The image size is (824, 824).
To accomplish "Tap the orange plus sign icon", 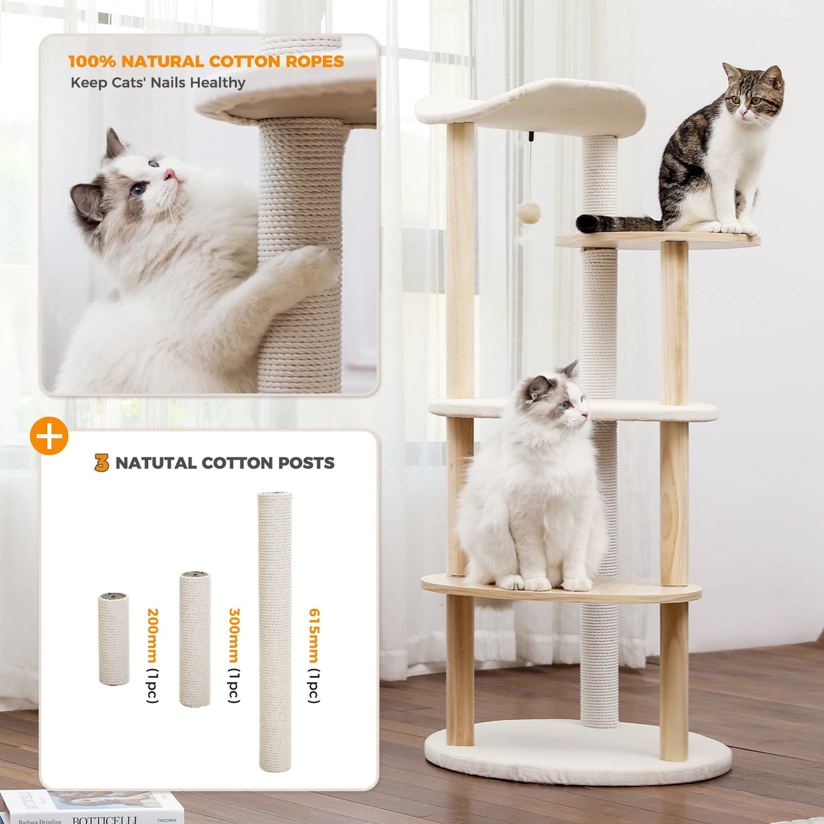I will point(49,436).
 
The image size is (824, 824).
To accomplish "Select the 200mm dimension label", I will point(152,635).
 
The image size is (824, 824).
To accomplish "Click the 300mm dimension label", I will point(234,635).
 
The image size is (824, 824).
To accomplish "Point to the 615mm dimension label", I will point(314,635).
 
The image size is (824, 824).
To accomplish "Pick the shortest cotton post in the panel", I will point(113,638).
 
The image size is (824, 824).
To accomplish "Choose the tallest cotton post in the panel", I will point(275,631).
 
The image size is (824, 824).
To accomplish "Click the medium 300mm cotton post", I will point(195,638).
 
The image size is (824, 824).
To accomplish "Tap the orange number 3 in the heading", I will point(102,462).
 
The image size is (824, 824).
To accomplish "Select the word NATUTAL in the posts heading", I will point(156,463).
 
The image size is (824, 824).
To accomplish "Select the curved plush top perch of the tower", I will point(530,105).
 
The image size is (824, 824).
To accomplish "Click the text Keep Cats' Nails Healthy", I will point(157,83).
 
